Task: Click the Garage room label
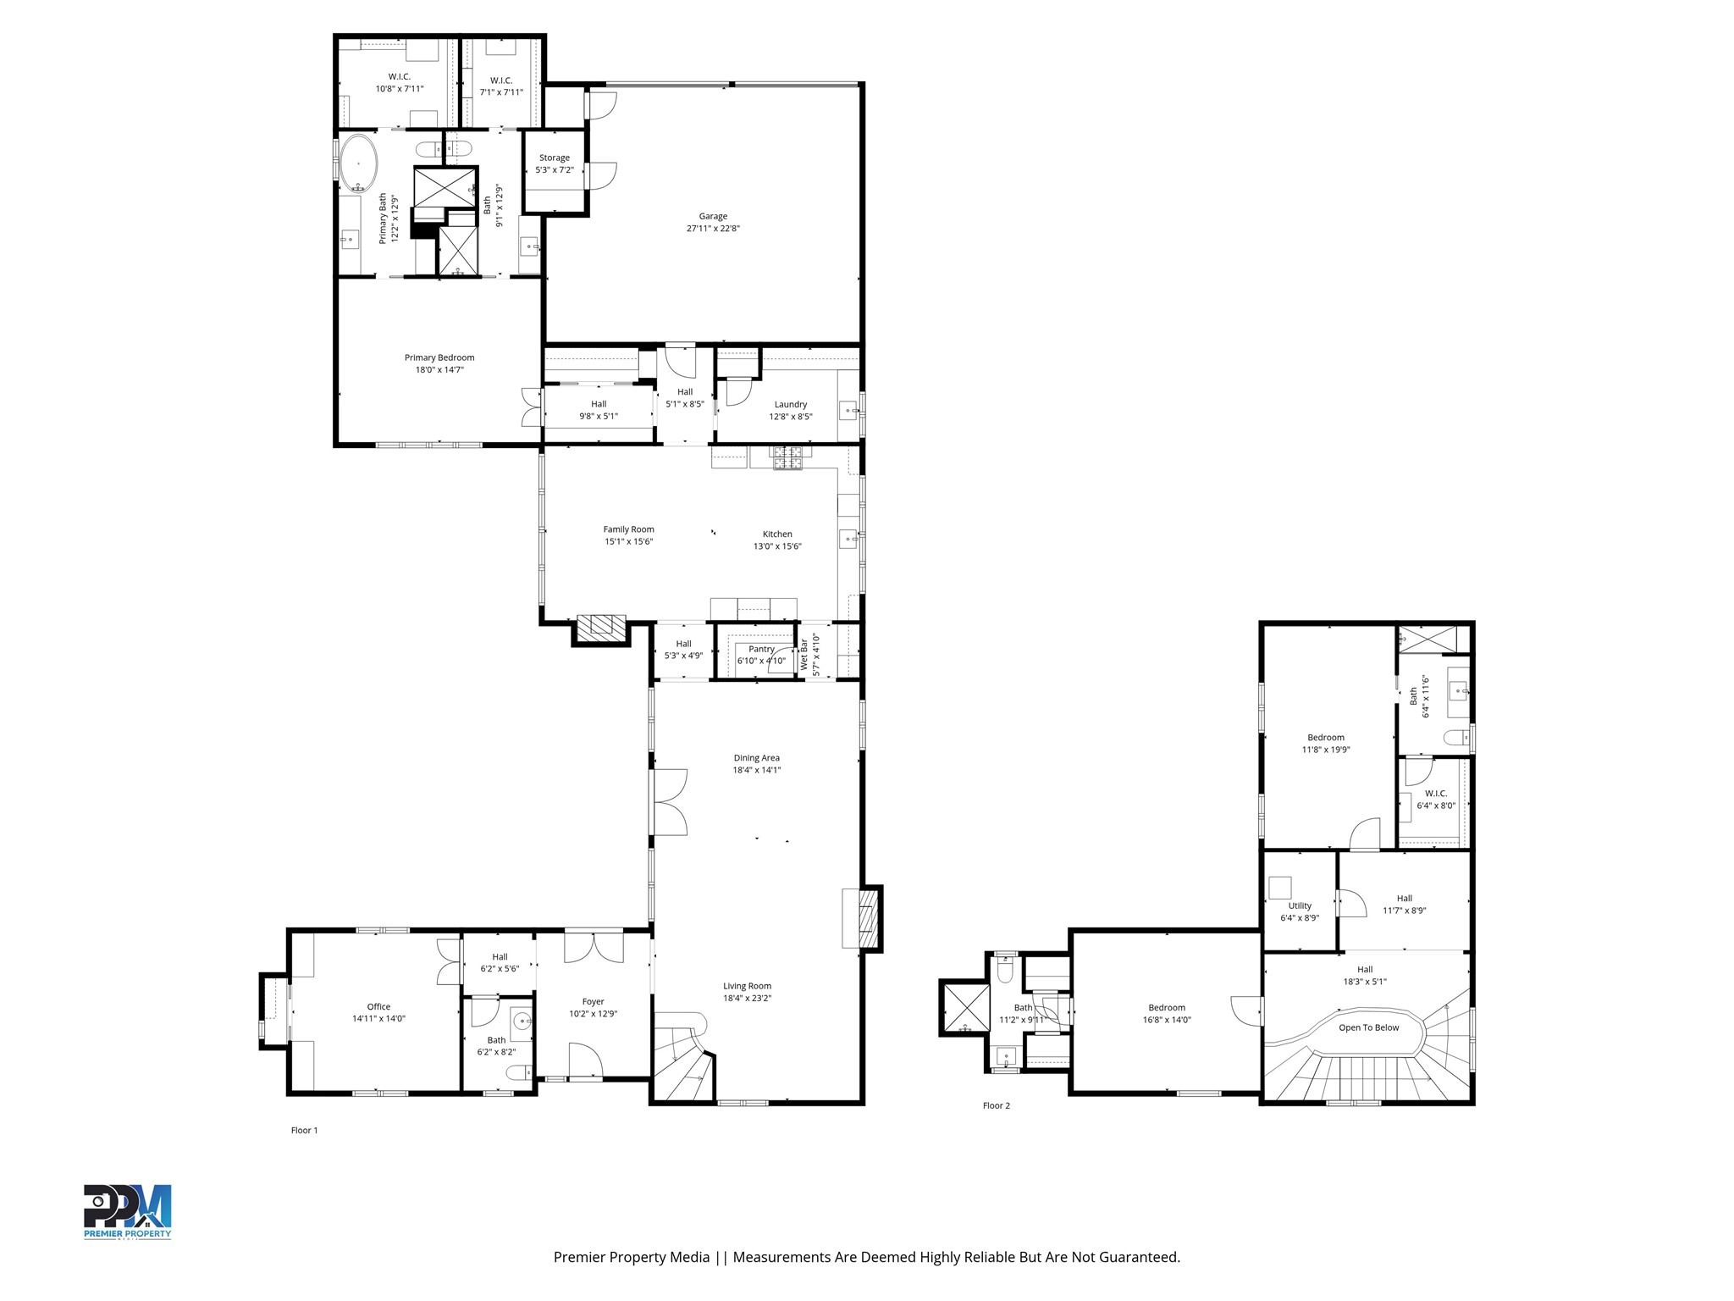[713, 217]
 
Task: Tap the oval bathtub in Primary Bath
[359, 163]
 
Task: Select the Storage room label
[555, 158]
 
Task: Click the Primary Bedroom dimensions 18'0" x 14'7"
[439, 370]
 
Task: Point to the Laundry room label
[791, 405]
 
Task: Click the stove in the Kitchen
[787, 458]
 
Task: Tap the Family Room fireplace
[601, 626]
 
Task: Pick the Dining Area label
[756, 758]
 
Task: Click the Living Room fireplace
[865, 918]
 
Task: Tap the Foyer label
[593, 1002]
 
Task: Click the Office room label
[378, 1007]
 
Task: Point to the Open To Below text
[1368, 1027]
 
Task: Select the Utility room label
[1300, 906]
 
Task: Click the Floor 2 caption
[996, 1105]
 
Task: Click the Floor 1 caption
[304, 1130]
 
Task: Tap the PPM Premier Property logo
[127, 1212]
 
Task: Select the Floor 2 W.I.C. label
[1436, 794]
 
